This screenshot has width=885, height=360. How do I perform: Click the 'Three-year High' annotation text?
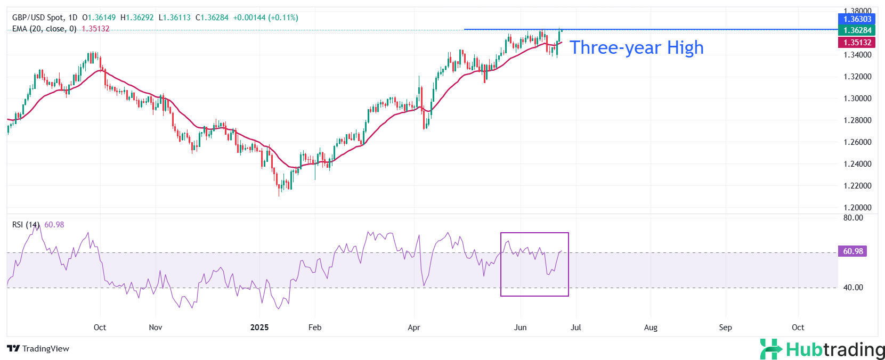click(x=637, y=48)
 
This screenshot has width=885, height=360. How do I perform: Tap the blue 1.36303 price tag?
click(x=857, y=19)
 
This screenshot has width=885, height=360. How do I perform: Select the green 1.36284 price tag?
click(x=857, y=30)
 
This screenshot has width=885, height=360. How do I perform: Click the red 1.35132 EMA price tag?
click(x=857, y=43)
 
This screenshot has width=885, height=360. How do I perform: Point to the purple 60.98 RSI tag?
click(x=852, y=251)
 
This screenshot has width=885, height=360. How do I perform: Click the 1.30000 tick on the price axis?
click(x=857, y=99)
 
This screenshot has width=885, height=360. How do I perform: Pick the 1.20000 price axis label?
click(x=857, y=208)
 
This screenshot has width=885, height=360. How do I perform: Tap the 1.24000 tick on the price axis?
click(x=857, y=164)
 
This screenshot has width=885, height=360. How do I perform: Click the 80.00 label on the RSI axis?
click(x=853, y=218)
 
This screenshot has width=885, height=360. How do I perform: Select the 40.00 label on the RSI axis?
click(x=853, y=288)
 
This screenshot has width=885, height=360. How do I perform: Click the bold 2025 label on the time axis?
click(x=259, y=328)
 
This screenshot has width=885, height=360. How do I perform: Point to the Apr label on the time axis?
click(x=414, y=328)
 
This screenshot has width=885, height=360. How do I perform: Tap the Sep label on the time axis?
click(x=725, y=328)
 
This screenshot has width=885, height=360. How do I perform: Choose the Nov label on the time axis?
click(x=156, y=328)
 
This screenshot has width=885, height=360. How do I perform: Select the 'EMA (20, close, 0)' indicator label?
click(x=44, y=29)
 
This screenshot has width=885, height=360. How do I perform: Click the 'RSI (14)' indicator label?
click(x=26, y=225)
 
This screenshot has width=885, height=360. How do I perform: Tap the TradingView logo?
click(x=38, y=349)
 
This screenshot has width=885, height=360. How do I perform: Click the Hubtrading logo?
click(x=822, y=350)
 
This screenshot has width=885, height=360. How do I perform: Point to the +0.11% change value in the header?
click(x=283, y=18)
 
